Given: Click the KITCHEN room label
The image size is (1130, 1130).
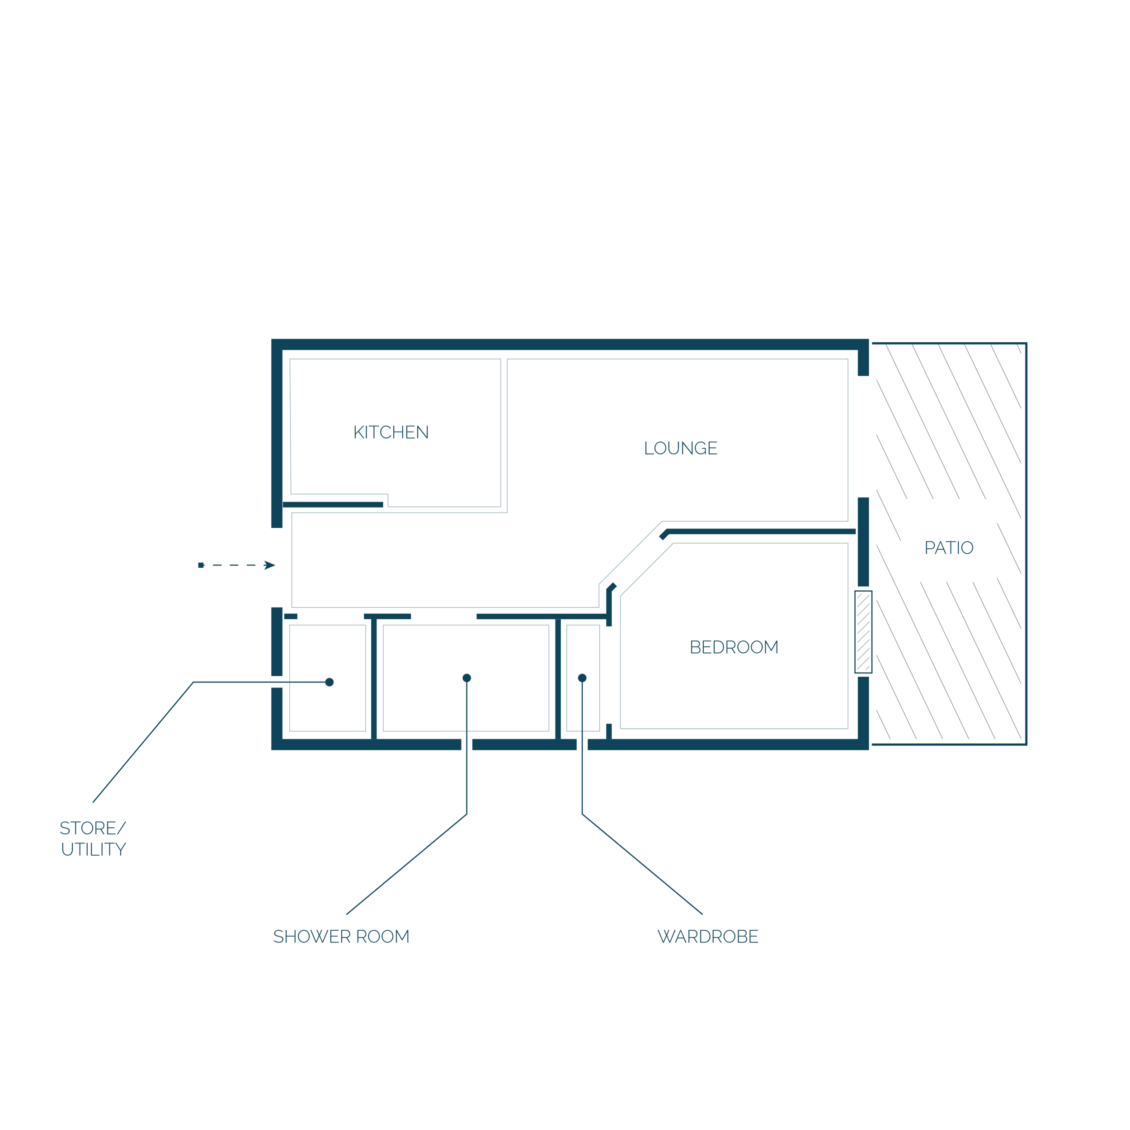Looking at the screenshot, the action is (x=391, y=432).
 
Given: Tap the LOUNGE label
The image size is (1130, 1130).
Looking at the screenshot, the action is (x=681, y=448).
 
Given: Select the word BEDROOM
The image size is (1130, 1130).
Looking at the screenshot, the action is (x=734, y=647).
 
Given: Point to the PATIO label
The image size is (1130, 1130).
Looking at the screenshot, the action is (x=949, y=547).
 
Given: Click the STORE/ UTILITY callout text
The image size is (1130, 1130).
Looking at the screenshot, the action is (x=93, y=838).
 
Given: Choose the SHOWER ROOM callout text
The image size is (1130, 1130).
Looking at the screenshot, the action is (x=342, y=937).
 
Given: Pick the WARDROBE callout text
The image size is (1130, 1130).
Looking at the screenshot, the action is (x=708, y=937).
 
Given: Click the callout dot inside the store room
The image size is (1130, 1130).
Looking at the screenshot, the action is (x=330, y=682).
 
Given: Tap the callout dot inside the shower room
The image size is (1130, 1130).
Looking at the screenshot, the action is (x=467, y=678).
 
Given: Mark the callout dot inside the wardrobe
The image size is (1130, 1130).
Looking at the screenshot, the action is (x=582, y=678).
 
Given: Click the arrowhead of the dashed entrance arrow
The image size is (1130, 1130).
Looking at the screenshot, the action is (x=270, y=565).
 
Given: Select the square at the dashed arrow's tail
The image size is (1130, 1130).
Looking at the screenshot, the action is (x=201, y=565).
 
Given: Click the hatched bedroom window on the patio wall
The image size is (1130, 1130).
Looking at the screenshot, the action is (x=863, y=632).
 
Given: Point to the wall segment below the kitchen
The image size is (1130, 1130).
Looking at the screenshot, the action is (x=333, y=504).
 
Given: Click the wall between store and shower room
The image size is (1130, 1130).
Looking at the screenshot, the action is (x=374, y=678).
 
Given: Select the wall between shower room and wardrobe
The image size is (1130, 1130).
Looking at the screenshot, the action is (x=558, y=678).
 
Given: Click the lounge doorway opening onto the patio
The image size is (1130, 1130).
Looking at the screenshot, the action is (x=863, y=436).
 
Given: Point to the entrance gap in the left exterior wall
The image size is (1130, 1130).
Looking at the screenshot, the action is (x=277, y=567).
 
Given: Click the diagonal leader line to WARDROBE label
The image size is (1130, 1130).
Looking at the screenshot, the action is (x=642, y=865).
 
